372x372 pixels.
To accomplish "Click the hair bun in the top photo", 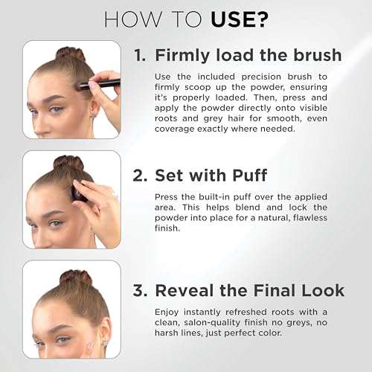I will point(71,54).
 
